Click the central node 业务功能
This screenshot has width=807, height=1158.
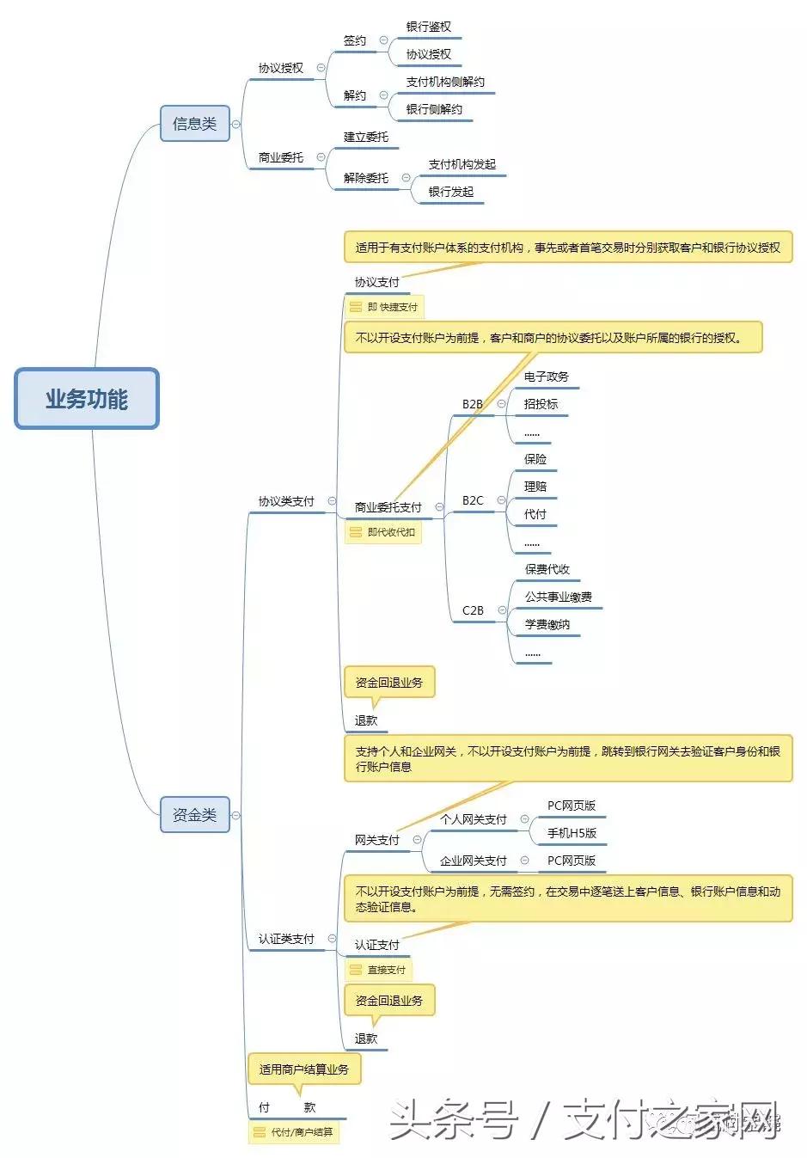point(87,399)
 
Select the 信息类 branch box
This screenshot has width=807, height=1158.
point(194,124)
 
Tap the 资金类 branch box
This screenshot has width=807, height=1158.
point(194,814)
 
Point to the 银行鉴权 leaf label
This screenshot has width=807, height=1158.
point(428,28)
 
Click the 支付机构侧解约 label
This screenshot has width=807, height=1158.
point(445,83)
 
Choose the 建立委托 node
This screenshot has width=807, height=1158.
point(366,137)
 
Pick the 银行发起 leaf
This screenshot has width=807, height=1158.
point(451,192)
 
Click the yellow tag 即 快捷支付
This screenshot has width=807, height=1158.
point(384,307)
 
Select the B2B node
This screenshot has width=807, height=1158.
point(473,404)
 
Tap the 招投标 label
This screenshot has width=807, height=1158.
point(541,404)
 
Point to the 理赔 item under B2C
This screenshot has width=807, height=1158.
point(535,487)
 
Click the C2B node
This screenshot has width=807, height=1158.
point(473,610)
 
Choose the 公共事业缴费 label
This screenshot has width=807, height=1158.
point(559,597)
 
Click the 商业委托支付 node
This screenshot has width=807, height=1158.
point(388,507)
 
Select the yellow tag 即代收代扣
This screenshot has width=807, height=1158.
point(383,532)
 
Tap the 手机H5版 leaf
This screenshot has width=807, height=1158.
point(572,833)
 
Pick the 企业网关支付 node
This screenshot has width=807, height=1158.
point(474,861)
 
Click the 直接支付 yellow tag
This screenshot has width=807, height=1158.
point(378,970)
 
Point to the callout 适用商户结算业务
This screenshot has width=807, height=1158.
point(304,1069)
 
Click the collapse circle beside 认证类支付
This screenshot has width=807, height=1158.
point(333,939)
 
